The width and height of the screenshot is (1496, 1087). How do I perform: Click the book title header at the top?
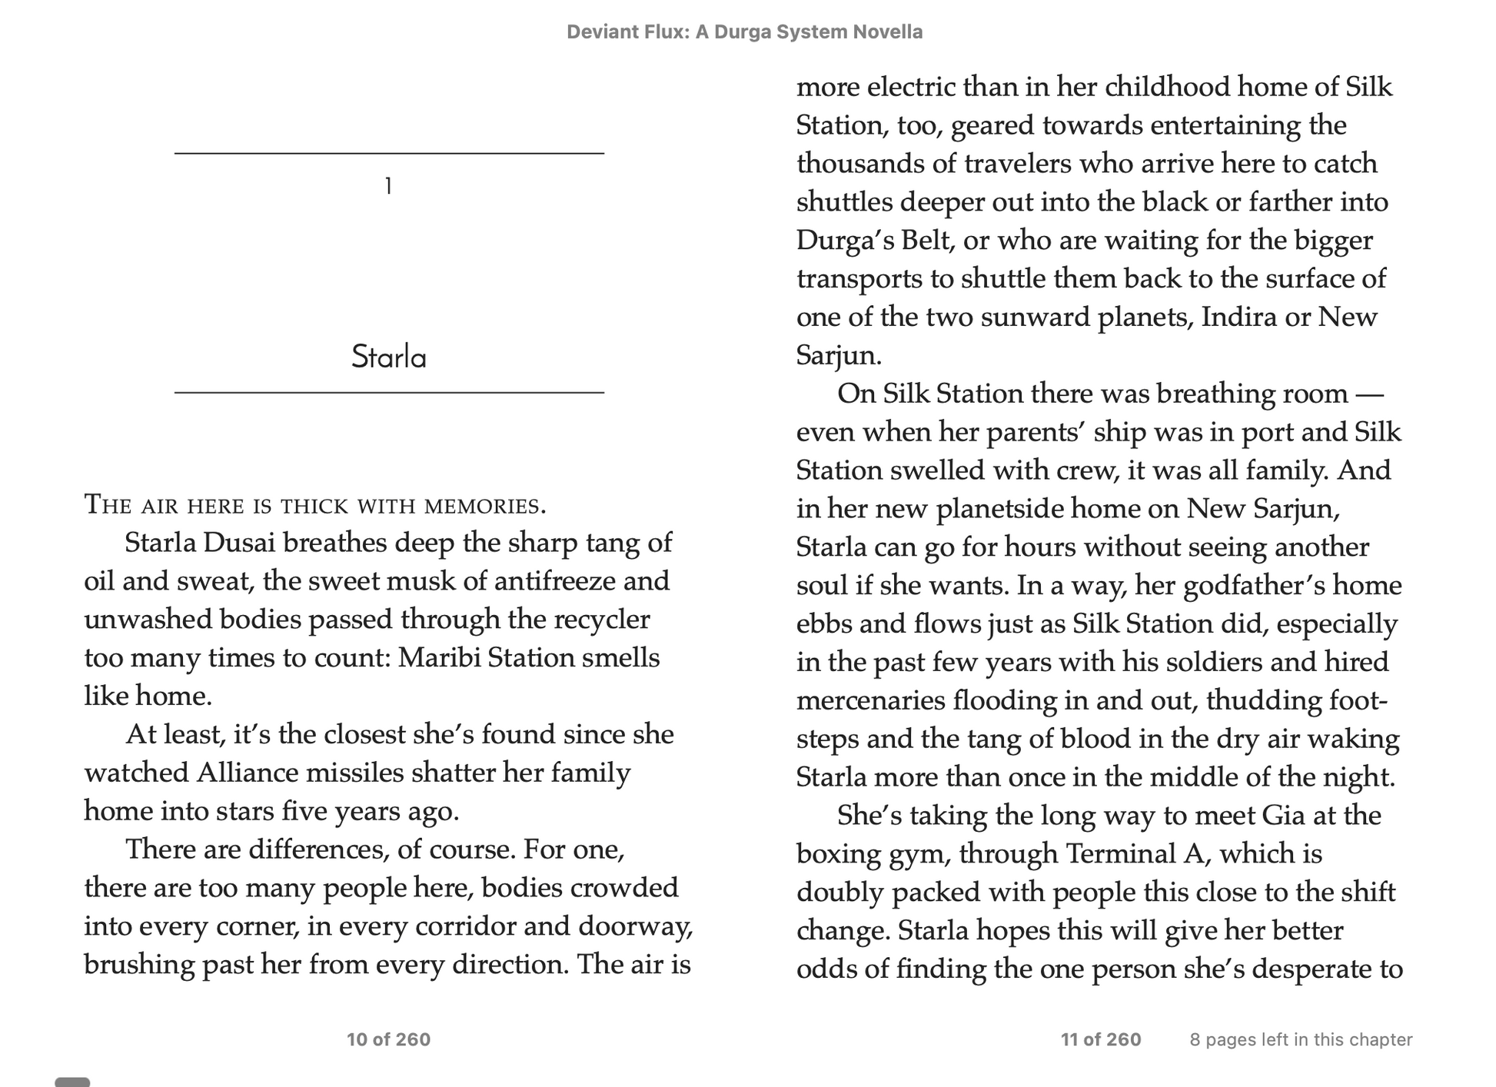click(744, 32)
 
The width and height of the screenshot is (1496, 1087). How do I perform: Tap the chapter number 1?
click(389, 186)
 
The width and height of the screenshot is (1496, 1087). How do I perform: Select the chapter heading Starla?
click(389, 357)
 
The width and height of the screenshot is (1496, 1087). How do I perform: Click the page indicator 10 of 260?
click(388, 1039)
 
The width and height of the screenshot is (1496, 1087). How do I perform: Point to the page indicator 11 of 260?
click(1101, 1039)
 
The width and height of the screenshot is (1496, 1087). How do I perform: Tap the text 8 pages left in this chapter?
click(1301, 1039)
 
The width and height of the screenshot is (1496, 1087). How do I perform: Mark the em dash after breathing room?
click(1368, 394)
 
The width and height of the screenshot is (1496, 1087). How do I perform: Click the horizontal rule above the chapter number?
click(389, 154)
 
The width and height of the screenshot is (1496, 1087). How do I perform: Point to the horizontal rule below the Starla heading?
click(389, 393)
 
